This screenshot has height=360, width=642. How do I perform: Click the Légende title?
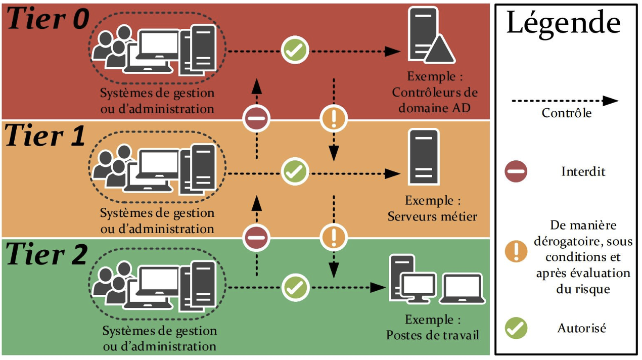563,23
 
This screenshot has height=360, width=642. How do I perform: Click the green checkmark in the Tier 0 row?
295,51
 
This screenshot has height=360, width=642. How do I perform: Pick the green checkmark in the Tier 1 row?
295,171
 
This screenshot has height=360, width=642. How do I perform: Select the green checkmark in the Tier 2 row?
295,288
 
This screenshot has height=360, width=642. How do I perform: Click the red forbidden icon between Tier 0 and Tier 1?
256,119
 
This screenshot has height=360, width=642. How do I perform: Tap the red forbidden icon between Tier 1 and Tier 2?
256,237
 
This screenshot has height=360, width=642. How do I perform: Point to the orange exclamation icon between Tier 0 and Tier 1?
334,119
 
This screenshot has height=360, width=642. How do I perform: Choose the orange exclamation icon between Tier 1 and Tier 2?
334,237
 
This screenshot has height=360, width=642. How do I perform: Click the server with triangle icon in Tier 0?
430,37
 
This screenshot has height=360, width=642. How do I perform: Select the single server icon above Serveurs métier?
424,157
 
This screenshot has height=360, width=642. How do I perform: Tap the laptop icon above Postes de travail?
462,289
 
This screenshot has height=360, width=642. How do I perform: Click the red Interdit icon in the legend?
516,171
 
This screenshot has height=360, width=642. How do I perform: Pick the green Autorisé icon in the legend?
516,328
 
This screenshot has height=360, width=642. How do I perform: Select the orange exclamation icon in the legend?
516,251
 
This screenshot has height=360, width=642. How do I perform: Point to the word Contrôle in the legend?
566,113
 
